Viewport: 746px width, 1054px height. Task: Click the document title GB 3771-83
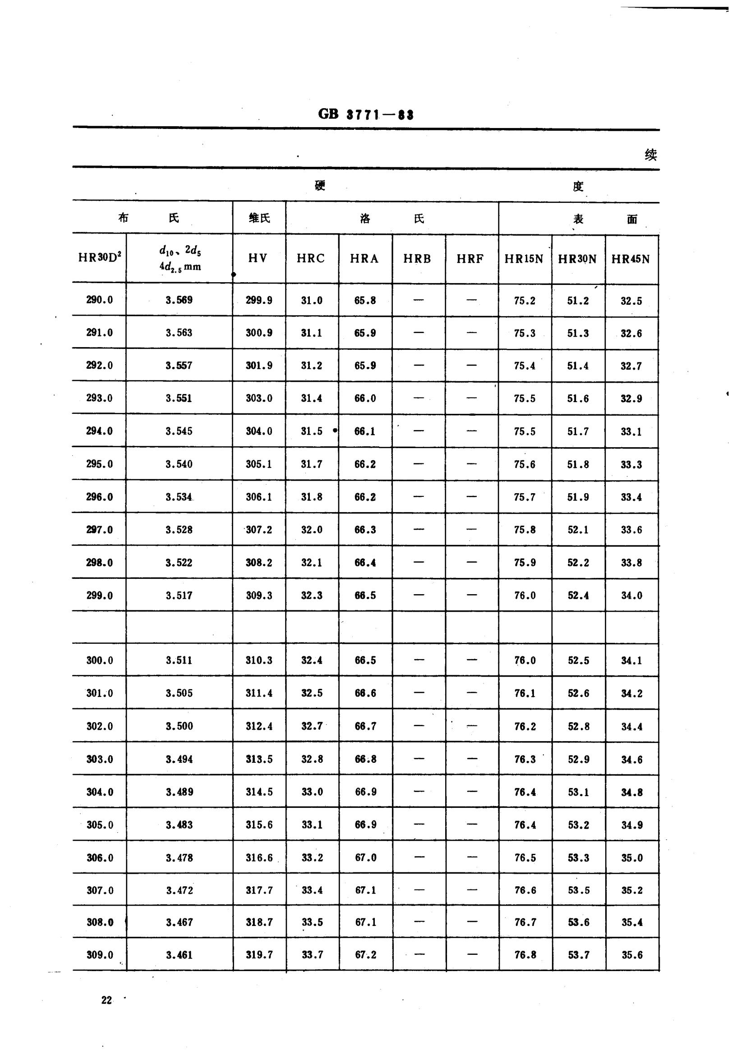click(366, 115)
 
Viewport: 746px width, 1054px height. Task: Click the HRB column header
click(417, 259)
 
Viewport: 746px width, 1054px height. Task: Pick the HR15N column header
click(524, 259)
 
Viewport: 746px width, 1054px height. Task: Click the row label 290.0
click(99, 300)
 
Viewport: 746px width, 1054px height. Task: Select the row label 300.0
click(100, 660)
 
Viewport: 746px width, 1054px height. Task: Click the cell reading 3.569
click(179, 300)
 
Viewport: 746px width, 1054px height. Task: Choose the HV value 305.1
click(258, 464)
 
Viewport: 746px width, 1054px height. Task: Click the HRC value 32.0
click(312, 530)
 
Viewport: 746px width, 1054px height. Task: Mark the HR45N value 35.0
click(631, 857)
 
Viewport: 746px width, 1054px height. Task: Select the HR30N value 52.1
click(578, 530)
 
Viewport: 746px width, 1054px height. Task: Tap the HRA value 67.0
click(366, 857)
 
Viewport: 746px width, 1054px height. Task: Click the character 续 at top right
click(650, 155)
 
